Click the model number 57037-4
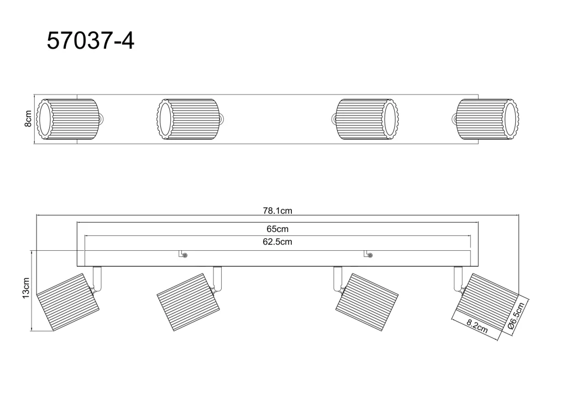point(91,41)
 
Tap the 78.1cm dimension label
point(277,210)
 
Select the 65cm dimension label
point(277,229)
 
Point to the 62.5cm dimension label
point(277,241)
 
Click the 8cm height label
point(28,119)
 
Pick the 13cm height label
point(25,288)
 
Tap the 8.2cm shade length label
point(477,327)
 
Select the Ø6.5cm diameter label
point(516,315)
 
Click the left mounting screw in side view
point(185,255)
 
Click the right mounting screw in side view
point(370,255)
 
